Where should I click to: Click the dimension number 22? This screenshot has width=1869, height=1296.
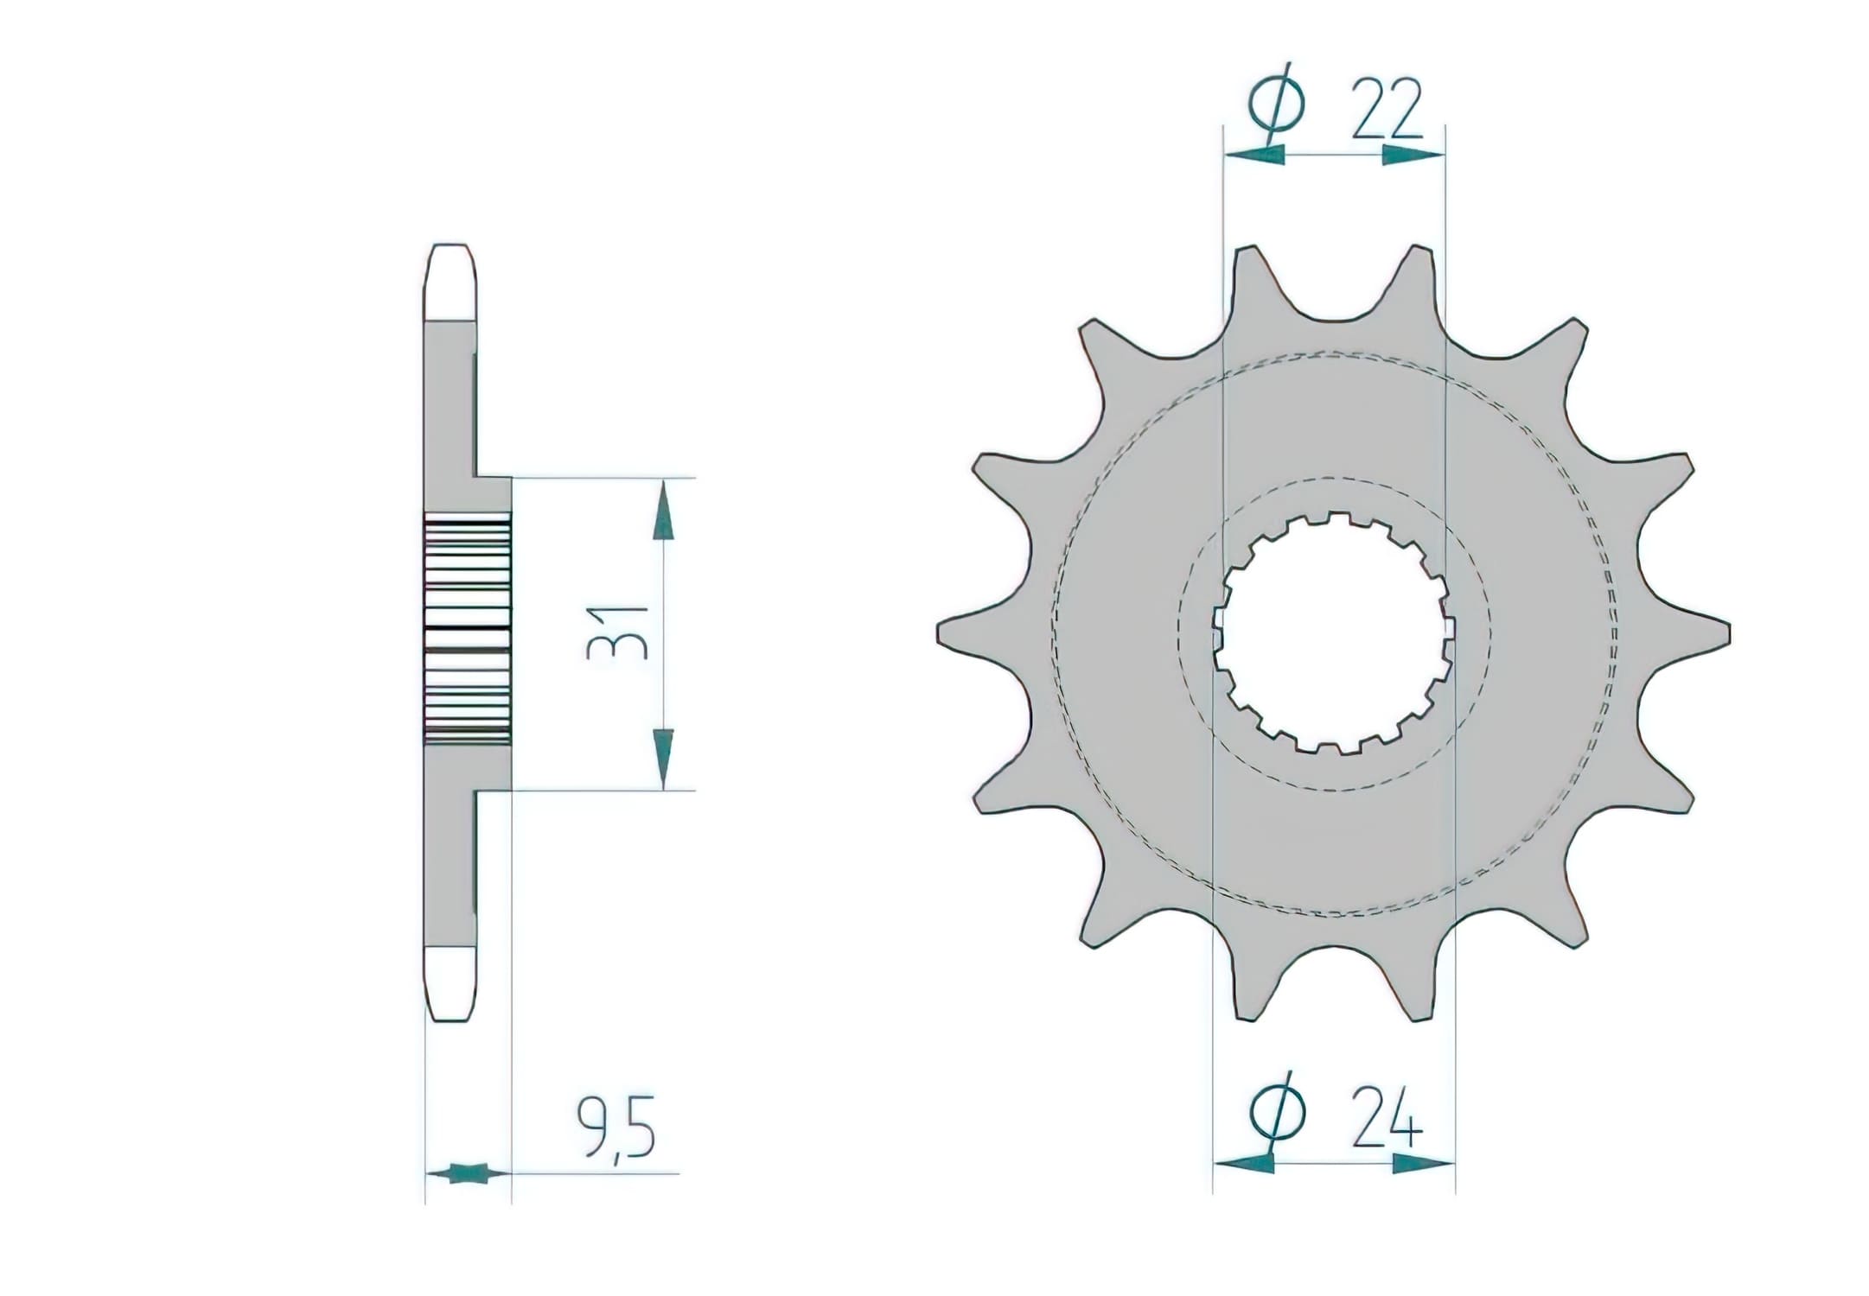tap(1386, 110)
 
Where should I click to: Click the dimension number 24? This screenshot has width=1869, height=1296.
tap(1386, 1121)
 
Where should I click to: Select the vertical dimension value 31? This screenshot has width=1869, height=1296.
tap(617, 633)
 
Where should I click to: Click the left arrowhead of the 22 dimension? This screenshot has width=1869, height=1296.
tap(1255, 156)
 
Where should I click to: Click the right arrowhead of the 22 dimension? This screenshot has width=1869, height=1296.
tap(1411, 156)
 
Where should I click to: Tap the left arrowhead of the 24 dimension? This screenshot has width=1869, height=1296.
tap(1245, 1164)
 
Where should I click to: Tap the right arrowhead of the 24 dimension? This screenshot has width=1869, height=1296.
tap(1422, 1164)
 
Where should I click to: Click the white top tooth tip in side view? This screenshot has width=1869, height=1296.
tap(452, 281)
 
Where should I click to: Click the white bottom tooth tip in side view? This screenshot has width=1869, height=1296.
tap(452, 985)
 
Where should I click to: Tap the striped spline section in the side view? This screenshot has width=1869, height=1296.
tap(467, 631)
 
